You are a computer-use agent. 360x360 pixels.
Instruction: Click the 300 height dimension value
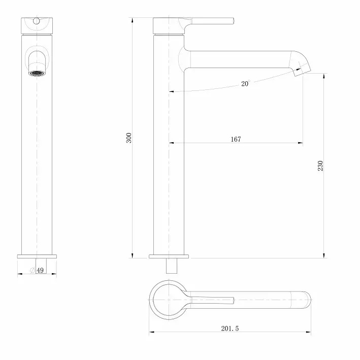129,138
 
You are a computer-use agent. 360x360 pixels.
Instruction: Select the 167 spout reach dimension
235,139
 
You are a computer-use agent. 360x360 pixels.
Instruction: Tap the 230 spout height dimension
320,166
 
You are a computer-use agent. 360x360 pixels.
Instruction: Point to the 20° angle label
246,84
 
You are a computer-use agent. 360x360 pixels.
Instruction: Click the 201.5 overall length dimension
230,329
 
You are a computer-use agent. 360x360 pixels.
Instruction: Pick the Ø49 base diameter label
37,270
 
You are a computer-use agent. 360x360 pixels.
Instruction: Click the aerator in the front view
37,73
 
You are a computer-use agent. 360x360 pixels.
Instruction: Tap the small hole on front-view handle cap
37,22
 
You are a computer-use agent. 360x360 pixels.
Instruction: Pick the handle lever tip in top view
231,301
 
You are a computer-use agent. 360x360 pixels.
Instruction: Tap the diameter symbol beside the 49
32,270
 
